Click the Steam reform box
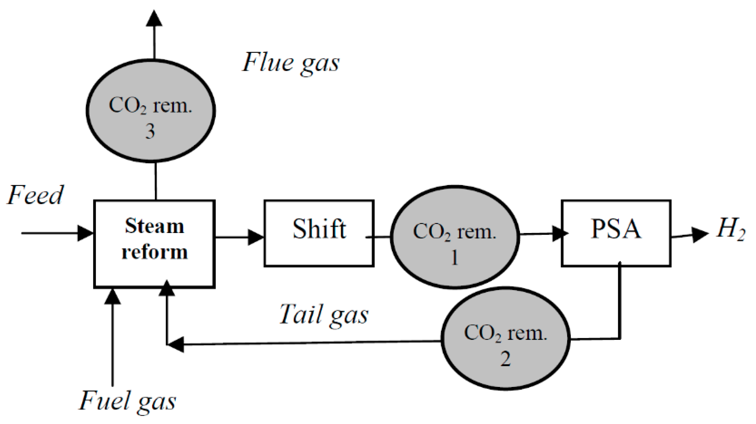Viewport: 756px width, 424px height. (x=154, y=244)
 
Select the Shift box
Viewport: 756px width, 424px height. (x=319, y=233)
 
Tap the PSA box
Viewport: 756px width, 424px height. (x=616, y=233)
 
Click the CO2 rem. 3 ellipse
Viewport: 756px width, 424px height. (x=150, y=111)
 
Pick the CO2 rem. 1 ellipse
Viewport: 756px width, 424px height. (x=455, y=237)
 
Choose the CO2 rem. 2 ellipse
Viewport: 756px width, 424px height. (x=505, y=338)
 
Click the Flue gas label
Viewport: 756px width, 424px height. (x=291, y=62)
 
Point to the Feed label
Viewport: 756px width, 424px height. (x=35, y=195)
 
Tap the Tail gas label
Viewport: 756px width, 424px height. (x=324, y=315)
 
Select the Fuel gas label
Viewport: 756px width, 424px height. (x=127, y=401)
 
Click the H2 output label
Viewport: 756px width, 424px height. (x=731, y=231)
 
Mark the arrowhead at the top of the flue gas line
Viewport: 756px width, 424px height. (x=154, y=18)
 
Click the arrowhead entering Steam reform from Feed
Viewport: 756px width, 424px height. (x=85, y=233)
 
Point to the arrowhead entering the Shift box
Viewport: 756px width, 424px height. (x=255, y=237)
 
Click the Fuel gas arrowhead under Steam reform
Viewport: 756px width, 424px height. (x=112, y=296)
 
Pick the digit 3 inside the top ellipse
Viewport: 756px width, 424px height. (x=150, y=131)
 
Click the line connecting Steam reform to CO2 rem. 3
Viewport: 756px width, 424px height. (x=155, y=181)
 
